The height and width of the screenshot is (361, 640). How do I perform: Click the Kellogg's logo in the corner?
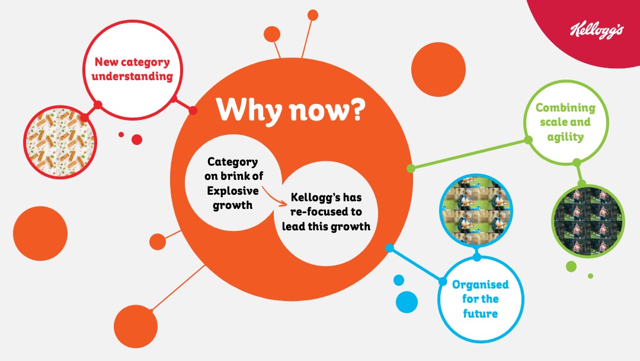(x=597, y=30)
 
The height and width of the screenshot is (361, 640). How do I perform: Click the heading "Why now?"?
(x=290, y=110)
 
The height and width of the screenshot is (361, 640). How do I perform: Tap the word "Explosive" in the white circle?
(x=233, y=191)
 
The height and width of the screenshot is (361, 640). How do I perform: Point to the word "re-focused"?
(x=326, y=212)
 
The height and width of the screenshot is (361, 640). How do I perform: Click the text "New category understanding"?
(x=132, y=69)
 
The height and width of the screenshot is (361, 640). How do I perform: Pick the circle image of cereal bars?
(x=60, y=142)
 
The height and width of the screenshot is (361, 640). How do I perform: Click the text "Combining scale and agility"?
(x=565, y=122)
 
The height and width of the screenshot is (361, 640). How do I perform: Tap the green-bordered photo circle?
(x=588, y=221)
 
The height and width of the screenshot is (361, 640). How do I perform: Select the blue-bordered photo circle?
(x=476, y=210)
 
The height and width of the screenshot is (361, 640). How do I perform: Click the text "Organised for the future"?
(x=481, y=299)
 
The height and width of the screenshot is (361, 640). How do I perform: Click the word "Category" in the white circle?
(x=233, y=162)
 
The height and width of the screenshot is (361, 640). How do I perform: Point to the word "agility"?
(x=565, y=137)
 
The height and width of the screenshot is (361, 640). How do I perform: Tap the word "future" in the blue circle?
(x=481, y=313)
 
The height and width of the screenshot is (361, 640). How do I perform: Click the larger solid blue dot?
(x=407, y=302)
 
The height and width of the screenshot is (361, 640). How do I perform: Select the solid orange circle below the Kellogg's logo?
(x=439, y=69)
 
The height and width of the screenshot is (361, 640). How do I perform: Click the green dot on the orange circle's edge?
(x=411, y=168)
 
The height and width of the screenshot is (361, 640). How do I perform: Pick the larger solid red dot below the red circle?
(x=137, y=140)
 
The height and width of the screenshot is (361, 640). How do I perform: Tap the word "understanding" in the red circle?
(x=132, y=77)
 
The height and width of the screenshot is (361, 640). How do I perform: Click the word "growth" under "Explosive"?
(x=233, y=205)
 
